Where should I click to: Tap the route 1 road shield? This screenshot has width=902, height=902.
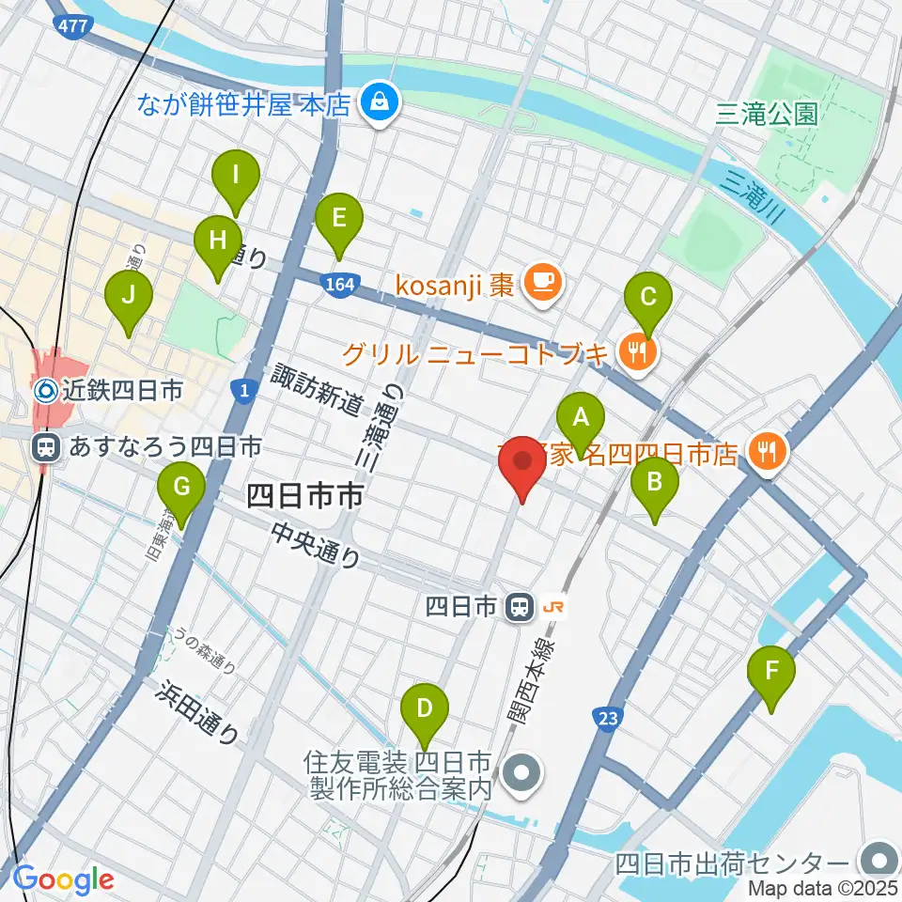click(x=243, y=390)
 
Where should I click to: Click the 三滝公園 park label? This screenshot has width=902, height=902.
click(x=766, y=115)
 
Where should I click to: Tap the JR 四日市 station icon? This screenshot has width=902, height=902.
click(x=517, y=608)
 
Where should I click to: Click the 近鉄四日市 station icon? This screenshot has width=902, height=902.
click(x=44, y=389)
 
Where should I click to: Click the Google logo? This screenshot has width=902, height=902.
click(x=63, y=879)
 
